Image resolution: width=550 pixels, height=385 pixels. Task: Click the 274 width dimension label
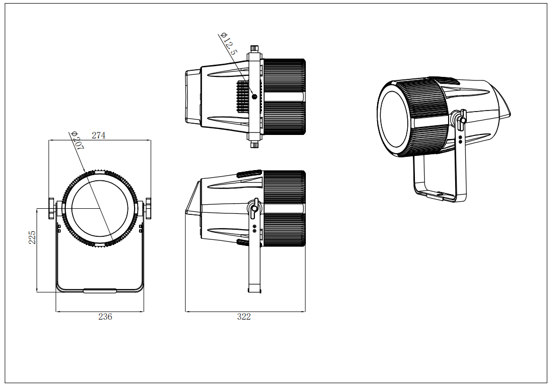tap(98, 135)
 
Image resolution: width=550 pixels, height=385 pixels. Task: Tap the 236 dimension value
tap(105, 317)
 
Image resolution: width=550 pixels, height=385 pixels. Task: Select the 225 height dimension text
tap(32, 237)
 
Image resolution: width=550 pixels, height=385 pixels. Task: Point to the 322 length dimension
tap(244, 317)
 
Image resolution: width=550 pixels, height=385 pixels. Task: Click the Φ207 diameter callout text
tap(77, 141)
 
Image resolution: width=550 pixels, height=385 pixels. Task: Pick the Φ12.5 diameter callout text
tap(228, 43)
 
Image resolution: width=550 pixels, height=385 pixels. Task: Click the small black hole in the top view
tap(255, 96)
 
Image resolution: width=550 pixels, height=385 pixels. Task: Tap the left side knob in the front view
tap(51, 208)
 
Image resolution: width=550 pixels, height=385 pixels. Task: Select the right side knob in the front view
tap(148, 208)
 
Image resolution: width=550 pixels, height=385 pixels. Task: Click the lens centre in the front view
tap(99, 208)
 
